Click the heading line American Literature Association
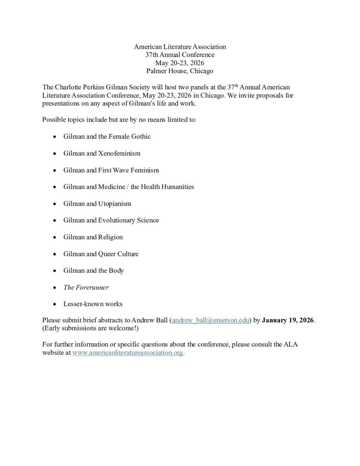180,46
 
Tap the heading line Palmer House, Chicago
180,71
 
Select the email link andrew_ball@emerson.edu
210,320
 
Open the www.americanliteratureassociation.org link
128,353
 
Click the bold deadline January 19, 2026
288,320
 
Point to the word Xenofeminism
119,153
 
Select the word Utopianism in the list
115,203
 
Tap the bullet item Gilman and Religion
93,237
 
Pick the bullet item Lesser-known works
93,304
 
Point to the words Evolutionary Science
128,220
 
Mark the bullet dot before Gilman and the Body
55,271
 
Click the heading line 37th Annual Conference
180,55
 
